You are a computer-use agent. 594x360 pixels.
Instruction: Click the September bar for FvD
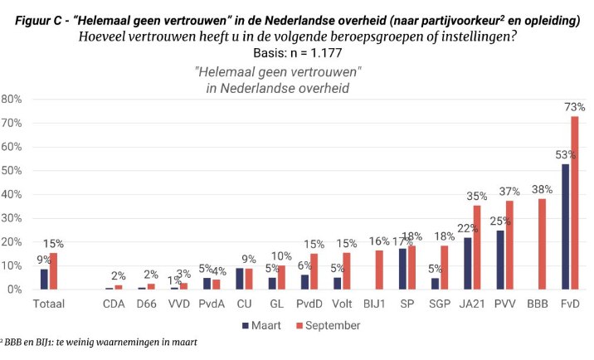tap(575, 203)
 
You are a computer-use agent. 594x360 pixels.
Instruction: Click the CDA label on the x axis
tap(114, 305)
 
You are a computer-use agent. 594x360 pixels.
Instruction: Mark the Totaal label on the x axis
tap(48, 305)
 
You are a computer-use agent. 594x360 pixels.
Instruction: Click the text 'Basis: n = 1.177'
tap(298, 53)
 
